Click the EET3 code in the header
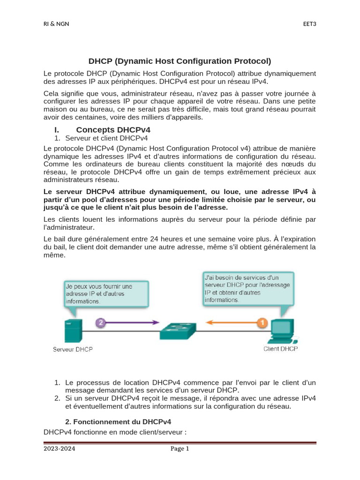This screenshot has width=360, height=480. point(309,24)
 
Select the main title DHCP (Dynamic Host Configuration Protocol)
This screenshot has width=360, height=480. point(180,61)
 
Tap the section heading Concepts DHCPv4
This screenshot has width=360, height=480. point(113,129)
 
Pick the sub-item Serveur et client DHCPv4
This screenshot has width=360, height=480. point(106,138)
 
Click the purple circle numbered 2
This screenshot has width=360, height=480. point(101,322)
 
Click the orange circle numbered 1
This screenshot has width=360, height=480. point(262,322)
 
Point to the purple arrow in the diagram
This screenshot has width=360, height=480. point(134,322)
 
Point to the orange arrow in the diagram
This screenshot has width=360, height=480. point(230,322)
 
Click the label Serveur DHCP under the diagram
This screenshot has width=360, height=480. point(73,350)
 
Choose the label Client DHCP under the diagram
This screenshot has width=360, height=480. point(280,349)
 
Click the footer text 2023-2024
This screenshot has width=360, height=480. point(60,449)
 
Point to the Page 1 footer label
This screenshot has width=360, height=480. point(180,449)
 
